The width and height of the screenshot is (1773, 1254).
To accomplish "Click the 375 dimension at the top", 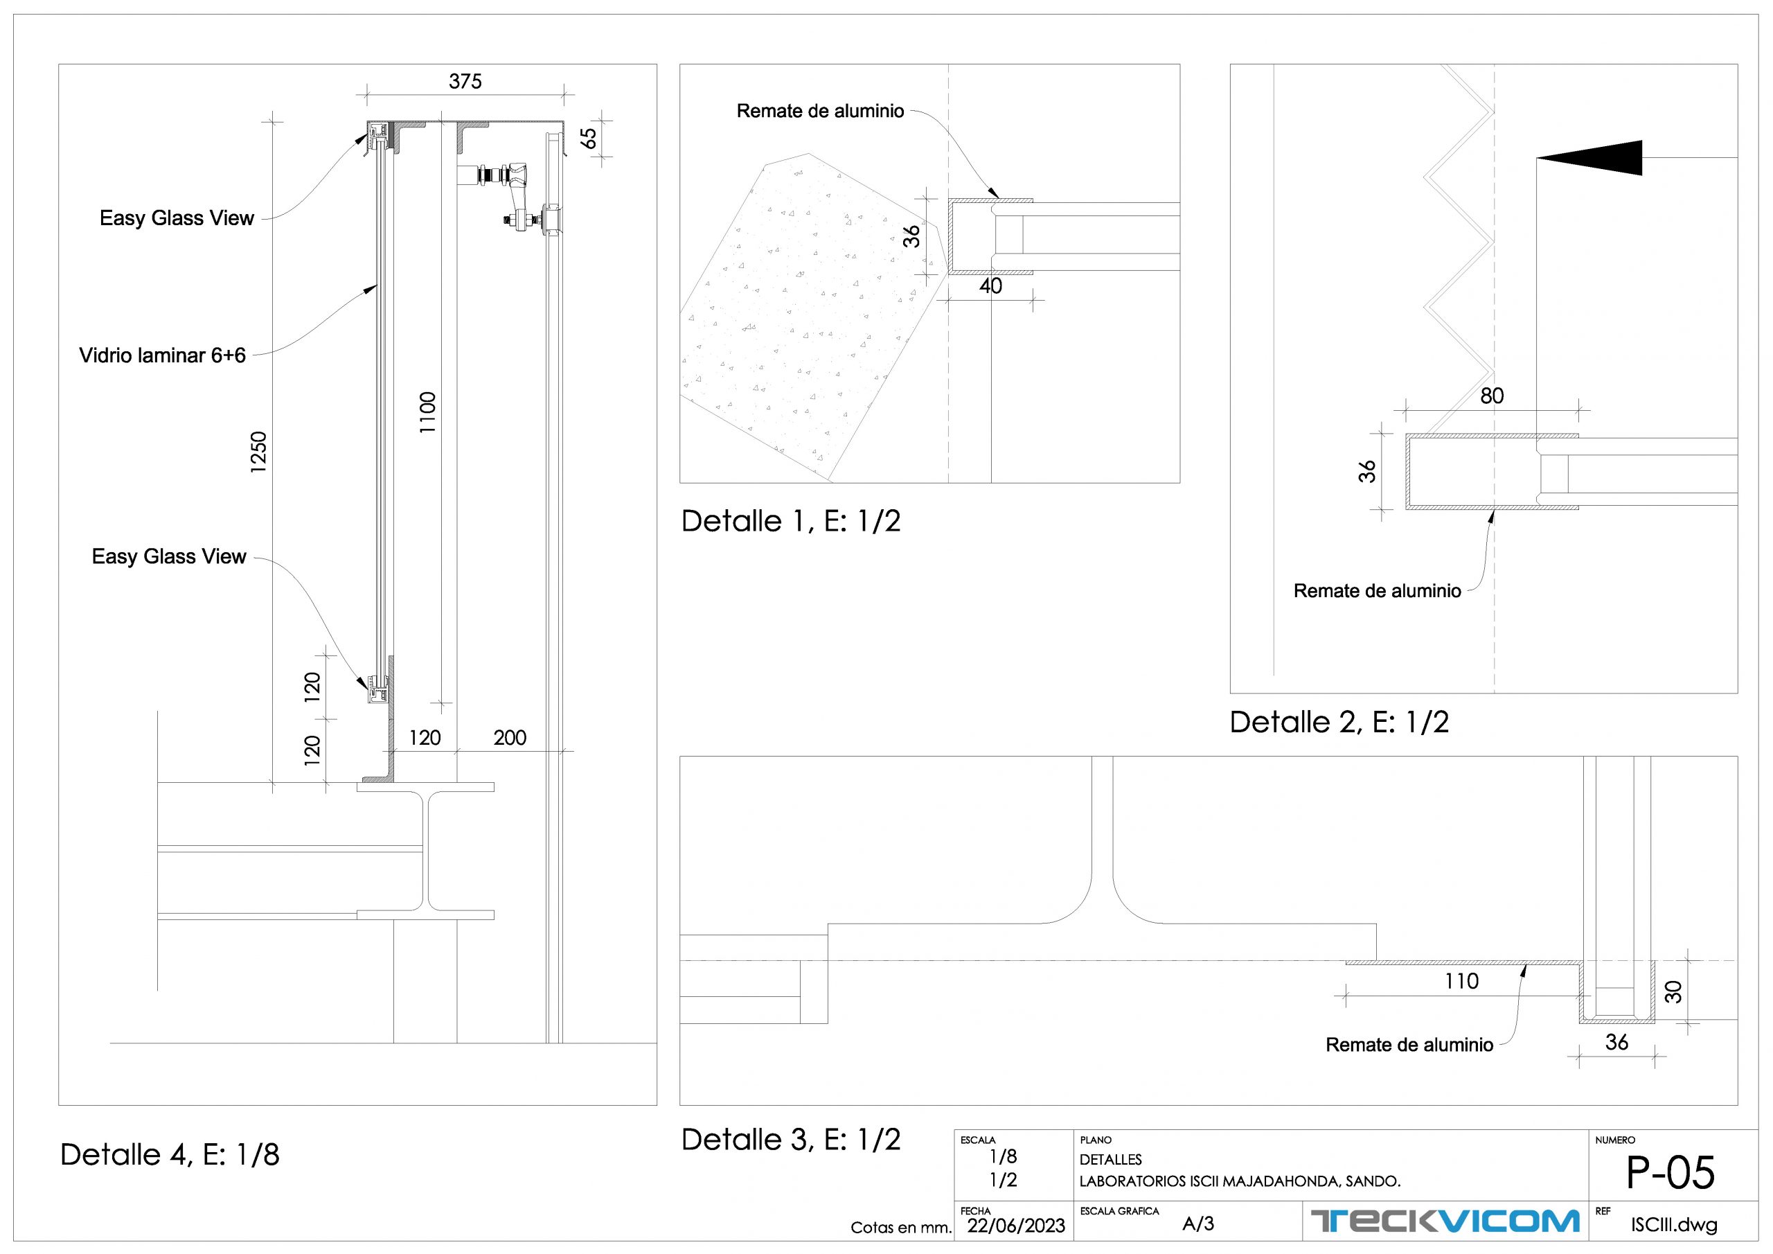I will coord(465,81).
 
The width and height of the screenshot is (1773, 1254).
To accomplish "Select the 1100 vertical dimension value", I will coord(428,413).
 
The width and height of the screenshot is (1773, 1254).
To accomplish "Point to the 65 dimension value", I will coord(589,139).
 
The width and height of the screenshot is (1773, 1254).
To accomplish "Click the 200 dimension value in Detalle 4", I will coord(510,738).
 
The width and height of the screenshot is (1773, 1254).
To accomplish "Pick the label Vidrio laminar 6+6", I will coord(162,355).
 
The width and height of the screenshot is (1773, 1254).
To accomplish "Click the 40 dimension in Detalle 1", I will coord(991,287).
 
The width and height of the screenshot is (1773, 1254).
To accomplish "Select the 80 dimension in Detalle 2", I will coord(1492,396).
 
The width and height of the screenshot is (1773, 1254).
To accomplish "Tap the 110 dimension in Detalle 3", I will coord(1462,981).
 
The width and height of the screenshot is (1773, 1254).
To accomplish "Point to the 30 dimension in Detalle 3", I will coord(1673,992).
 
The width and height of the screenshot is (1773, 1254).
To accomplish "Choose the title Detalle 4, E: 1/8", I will coord(170,1155).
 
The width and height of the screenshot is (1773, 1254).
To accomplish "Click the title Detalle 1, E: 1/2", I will coord(791,522).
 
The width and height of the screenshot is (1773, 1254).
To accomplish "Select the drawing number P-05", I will coord(1670,1174).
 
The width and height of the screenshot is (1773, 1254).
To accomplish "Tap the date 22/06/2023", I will coord(1016,1226).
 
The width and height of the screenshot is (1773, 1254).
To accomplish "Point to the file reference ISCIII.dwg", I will coord(1674,1226).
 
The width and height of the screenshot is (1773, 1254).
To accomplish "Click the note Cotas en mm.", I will coord(900,1228).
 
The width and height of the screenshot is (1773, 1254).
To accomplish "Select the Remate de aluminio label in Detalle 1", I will coord(820,112).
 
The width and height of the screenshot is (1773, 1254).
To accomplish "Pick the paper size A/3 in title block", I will coord(1198,1224).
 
